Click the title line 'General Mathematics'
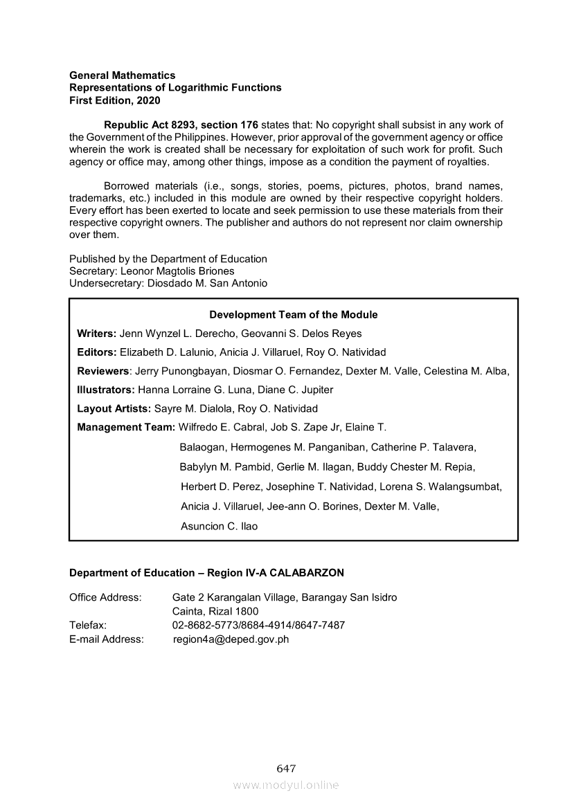[122, 75]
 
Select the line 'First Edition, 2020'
[114, 100]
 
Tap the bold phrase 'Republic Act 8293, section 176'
[181, 125]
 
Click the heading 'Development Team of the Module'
[294, 314]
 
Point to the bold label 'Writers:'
[96, 334]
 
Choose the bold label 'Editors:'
[96, 352]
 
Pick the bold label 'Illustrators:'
[106, 390]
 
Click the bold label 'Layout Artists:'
[114, 408]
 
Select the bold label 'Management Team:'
[126, 427]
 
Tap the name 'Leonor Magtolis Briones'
[177, 271]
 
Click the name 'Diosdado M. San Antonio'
[207, 284]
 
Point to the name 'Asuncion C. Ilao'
[219, 526]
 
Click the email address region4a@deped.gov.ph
[231, 639]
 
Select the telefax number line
[258, 626]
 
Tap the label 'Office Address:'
[105, 597]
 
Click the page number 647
[286, 768]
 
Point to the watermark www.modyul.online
[286, 785]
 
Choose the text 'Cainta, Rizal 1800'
[215, 611]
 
